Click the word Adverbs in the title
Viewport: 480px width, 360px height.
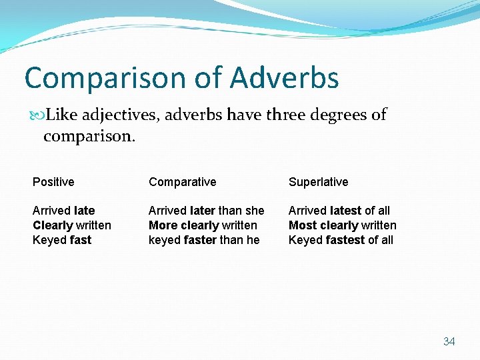coord(285,78)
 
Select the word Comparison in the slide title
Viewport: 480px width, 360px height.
coord(107,78)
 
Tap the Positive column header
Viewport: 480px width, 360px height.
coord(53,182)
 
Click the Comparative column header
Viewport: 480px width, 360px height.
coord(183,182)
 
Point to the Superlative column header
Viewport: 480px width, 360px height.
coord(318,182)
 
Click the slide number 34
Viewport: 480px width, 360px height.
coord(449,341)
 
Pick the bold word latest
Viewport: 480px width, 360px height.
coord(345,211)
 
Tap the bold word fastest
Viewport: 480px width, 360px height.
coord(345,240)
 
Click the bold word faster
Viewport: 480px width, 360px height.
coord(201,240)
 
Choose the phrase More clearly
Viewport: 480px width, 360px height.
coord(184,225)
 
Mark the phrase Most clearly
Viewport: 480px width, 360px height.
coord(323,225)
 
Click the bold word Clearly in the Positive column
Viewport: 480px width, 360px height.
coord(53,225)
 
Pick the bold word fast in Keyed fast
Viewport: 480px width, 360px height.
coord(81,240)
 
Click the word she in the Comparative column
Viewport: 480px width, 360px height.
coord(255,211)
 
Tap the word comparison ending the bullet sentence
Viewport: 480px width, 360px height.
coord(89,137)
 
